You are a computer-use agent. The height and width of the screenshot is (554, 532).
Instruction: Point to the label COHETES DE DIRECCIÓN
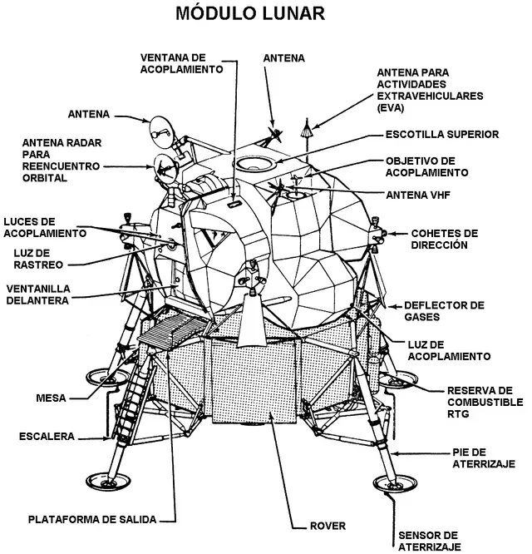tap(446, 239)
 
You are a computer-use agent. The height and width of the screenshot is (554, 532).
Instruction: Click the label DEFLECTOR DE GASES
tap(443, 311)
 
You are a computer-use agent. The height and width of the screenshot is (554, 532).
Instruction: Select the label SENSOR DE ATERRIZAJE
tap(428, 540)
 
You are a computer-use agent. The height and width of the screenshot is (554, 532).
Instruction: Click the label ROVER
tap(327, 526)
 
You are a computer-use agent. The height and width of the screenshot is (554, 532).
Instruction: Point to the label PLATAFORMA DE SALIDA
tap(93, 519)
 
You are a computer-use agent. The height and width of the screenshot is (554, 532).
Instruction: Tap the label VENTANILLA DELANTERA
tap(37, 294)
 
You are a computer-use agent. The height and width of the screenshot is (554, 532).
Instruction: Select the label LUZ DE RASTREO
tap(37, 259)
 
